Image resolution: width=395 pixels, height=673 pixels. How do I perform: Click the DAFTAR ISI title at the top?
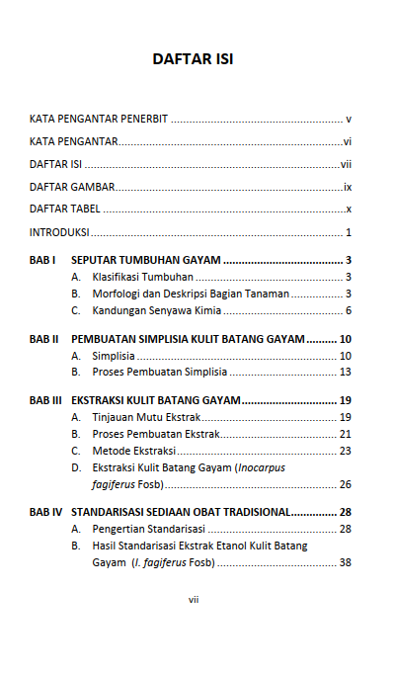point(193,59)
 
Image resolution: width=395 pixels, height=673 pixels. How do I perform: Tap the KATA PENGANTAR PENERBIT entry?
point(99,118)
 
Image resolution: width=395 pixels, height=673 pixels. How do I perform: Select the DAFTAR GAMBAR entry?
point(72,187)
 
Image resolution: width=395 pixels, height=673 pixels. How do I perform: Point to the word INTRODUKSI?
point(59,233)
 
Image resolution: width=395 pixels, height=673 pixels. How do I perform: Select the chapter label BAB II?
point(43,338)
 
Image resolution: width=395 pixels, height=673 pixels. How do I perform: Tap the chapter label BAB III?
point(45,400)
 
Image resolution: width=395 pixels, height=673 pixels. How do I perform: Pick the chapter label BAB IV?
point(45,512)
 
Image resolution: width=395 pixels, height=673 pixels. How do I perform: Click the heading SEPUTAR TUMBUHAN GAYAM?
point(146,260)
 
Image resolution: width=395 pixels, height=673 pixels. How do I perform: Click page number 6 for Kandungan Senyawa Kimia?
point(350,311)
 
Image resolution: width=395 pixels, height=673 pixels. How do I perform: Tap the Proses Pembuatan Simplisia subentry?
point(159,373)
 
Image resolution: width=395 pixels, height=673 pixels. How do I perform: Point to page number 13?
point(346,373)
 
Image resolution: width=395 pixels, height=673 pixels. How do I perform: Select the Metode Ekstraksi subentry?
point(133,451)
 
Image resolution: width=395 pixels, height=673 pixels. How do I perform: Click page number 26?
point(346,484)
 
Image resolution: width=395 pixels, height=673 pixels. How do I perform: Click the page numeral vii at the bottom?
point(194,599)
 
